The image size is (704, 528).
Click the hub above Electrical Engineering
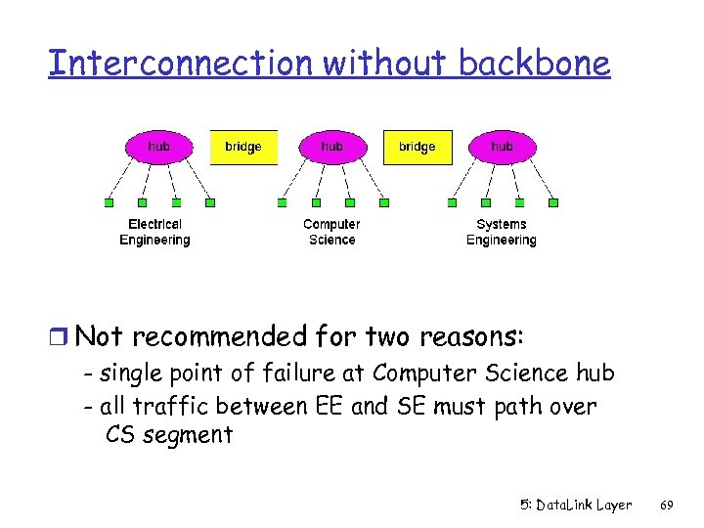pos(158,147)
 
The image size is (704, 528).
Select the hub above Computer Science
pos(331,147)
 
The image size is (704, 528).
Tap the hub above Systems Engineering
pos(502,147)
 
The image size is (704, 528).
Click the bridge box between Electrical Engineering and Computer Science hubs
pos(243,148)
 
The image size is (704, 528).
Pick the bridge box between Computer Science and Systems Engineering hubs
pos(417,148)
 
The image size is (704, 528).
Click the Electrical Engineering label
pos(154,232)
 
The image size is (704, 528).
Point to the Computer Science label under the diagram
pos(331,232)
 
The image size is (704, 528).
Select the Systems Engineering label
pos(501,232)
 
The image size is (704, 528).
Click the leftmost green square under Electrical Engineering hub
pos(109,203)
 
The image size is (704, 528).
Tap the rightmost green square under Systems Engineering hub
pos(553,203)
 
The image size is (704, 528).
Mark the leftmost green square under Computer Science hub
pos(282,203)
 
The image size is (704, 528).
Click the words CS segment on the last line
pos(168,435)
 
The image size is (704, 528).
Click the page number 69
pos(667,505)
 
